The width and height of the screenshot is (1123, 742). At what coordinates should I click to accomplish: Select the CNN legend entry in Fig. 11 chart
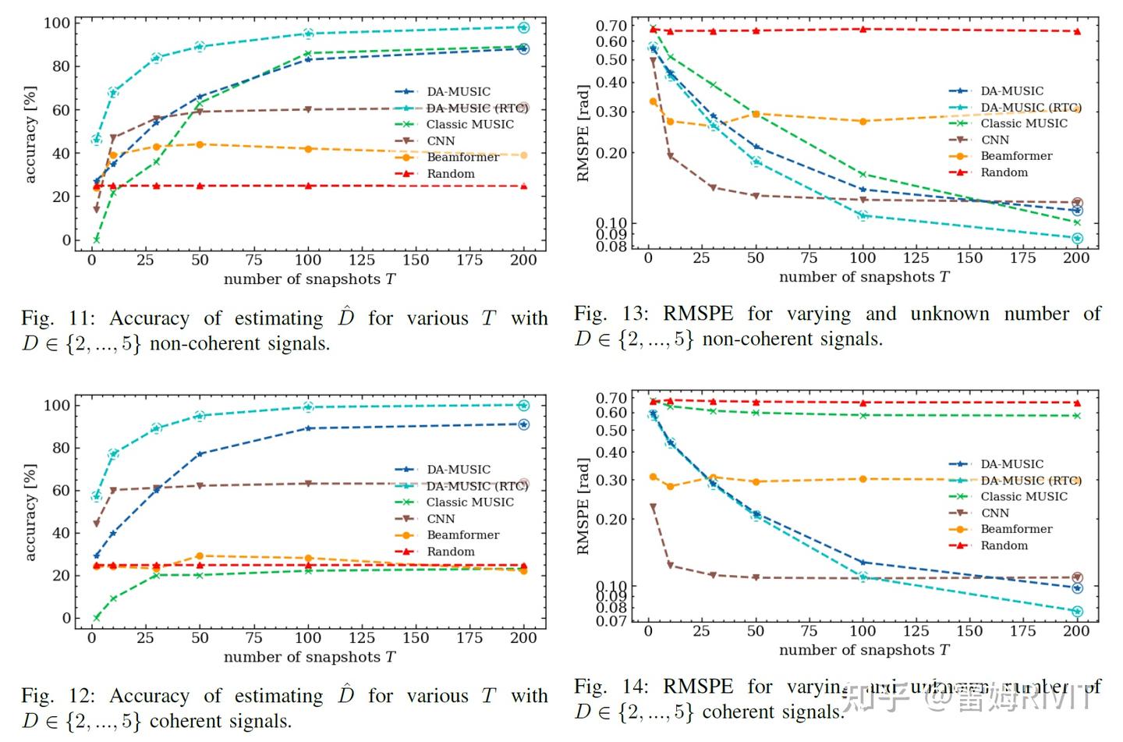[x=440, y=141]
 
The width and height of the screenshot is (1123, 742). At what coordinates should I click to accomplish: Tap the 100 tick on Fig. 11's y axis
[x=56, y=23]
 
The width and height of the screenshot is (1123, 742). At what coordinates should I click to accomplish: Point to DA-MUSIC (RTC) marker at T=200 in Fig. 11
[x=523, y=27]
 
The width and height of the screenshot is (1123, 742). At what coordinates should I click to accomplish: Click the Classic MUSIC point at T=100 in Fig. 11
[x=308, y=53]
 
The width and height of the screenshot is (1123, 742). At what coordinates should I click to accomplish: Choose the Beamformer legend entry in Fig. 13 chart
[x=1015, y=156]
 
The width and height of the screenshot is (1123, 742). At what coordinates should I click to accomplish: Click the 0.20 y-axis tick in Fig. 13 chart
[x=611, y=153]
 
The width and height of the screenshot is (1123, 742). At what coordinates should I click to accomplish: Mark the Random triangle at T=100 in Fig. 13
[x=863, y=30]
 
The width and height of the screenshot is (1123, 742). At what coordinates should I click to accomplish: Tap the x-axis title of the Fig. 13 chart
[x=864, y=277]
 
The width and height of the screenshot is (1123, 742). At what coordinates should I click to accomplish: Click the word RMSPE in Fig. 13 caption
[x=697, y=314]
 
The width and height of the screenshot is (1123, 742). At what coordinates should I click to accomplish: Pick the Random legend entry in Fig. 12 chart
[x=450, y=552]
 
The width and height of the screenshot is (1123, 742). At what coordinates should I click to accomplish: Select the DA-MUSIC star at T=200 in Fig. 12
[x=523, y=424]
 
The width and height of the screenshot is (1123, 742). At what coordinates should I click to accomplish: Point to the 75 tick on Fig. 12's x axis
[x=253, y=637]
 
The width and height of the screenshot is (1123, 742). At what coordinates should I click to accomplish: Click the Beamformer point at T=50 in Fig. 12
[x=200, y=556]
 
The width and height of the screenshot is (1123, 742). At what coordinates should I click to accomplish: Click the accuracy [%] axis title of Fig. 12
[x=30, y=512]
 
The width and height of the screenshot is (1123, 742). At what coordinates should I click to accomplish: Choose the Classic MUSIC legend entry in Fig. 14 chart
[x=1023, y=496]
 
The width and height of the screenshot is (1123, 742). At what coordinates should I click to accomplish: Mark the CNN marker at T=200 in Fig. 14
[x=1077, y=578]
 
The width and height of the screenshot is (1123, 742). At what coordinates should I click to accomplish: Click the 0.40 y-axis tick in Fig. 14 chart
[x=611, y=453]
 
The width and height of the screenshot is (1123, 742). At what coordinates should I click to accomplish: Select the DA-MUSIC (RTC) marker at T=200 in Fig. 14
[x=1077, y=612]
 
